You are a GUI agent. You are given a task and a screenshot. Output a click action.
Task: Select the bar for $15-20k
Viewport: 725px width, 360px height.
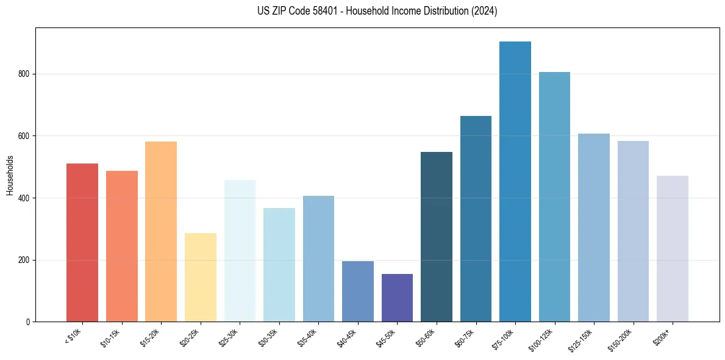[161, 231]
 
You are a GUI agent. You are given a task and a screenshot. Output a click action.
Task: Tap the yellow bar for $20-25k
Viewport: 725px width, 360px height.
[200, 277]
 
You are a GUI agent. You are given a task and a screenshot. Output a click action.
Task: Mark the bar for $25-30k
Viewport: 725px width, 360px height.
[240, 251]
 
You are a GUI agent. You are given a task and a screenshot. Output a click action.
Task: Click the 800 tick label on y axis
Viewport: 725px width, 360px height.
[24, 74]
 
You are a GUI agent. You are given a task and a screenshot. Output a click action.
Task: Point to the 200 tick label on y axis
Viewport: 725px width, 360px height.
[24, 260]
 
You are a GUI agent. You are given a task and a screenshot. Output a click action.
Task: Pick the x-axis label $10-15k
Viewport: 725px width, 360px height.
[110, 336]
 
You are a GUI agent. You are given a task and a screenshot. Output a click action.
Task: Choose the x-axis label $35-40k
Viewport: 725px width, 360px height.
[307, 336]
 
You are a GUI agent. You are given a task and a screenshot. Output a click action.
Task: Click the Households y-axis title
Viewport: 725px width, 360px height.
[10, 175]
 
